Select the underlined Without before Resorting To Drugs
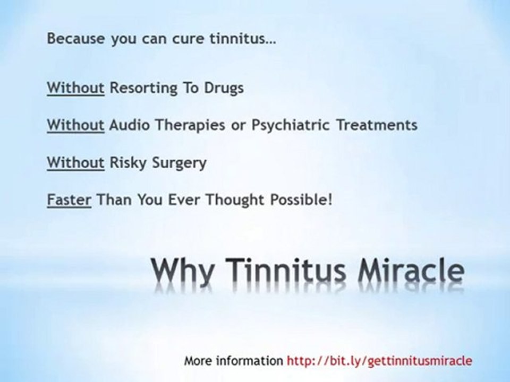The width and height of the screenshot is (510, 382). (x=75, y=88)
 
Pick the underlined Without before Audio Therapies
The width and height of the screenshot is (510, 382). (x=75, y=125)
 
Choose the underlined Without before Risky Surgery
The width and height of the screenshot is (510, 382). (x=75, y=163)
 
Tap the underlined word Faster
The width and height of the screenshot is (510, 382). (x=69, y=201)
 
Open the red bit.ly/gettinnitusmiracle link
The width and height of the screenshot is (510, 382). (x=379, y=361)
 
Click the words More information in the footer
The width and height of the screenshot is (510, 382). (x=234, y=361)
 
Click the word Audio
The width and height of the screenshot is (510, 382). (x=127, y=125)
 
